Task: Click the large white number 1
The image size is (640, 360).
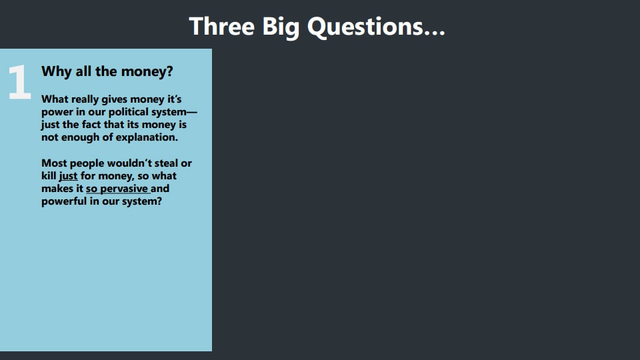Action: click(19, 83)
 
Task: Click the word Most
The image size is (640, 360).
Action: click(54, 163)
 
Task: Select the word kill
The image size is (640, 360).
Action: click(49, 176)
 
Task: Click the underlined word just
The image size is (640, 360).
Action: click(68, 176)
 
